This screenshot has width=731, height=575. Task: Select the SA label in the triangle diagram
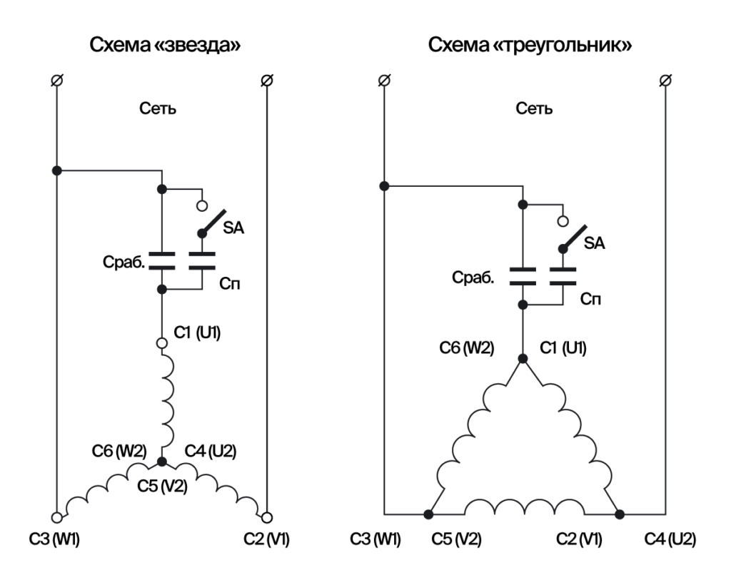594,243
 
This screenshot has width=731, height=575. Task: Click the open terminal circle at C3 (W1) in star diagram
56,517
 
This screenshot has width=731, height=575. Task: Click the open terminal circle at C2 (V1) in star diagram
266,517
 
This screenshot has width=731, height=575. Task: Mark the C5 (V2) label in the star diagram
162,488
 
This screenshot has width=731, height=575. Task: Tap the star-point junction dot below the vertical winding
162,462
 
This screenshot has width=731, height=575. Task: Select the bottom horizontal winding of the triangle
523,507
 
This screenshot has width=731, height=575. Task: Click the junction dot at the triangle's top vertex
523,358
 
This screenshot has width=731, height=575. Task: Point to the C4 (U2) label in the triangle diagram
670,539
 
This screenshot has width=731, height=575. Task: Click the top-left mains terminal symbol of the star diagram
56,80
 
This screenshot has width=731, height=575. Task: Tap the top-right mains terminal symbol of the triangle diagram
665,80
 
